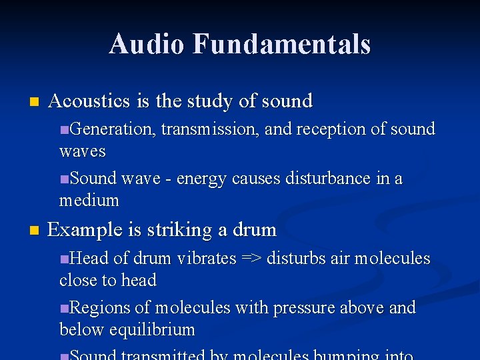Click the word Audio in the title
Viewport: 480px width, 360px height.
click(147, 44)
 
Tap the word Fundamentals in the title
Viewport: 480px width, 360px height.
click(281, 44)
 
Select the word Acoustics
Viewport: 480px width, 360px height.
click(90, 101)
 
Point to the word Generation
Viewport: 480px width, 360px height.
click(113, 129)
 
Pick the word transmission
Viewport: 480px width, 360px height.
click(211, 129)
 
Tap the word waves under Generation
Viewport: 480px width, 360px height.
click(82, 151)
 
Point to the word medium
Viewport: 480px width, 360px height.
click(89, 200)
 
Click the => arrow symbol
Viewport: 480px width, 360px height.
click(251, 259)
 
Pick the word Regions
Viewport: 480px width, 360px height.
click(100, 308)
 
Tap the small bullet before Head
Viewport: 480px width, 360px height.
click(63, 259)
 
